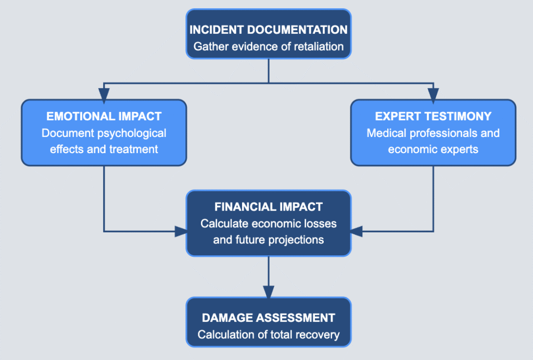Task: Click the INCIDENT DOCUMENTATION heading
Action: pyautogui.click(x=269, y=29)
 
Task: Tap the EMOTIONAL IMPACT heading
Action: pyautogui.click(x=104, y=116)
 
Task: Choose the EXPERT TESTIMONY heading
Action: pyautogui.click(x=433, y=116)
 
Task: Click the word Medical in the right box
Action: pyautogui.click(x=385, y=133)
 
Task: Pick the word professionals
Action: pyautogui.click(x=442, y=133)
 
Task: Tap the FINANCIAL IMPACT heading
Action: pyautogui.click(x=269, y=207)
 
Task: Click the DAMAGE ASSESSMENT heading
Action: pyautogui.click(x=269, y=317)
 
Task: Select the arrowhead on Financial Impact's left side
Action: pyautogui.click(x=181, y=231)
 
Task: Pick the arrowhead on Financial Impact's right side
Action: pyautogui.click(x=357, y=231)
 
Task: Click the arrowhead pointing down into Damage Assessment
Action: pyautogui.click(x=269, y=292)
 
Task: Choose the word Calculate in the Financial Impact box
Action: pyautogui.click(x=224, y=224)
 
